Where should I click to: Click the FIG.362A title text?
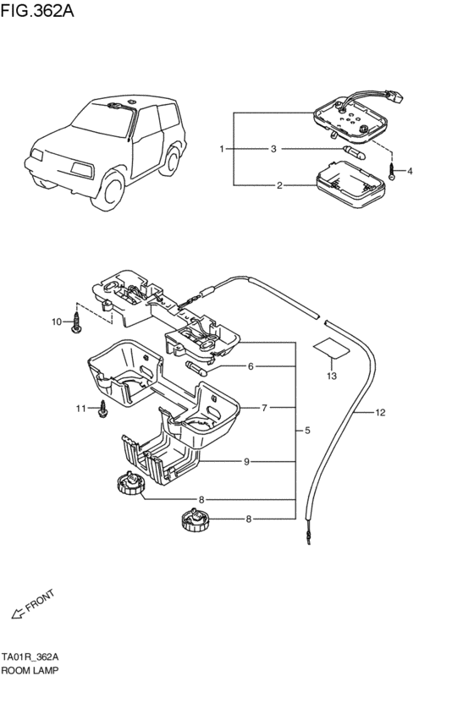pyautogui.click(x=37, y=10)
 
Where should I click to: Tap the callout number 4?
pyautogui.click(x=410, y=171)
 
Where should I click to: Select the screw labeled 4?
pyautogui.click(x=392, y=172)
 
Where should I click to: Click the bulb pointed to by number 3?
pyautogui.click(x=354, y=152)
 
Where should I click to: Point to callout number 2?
pyautogui.click(x=279, y=185)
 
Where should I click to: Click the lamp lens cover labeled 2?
pyautogui.click(x=349, y=184)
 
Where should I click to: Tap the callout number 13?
pyautogui.click(x=332, y=376)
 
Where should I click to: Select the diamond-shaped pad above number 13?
pyautogui.click(x=331, y=349)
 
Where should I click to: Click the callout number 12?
pyautogui.click(x=380, y=412)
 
